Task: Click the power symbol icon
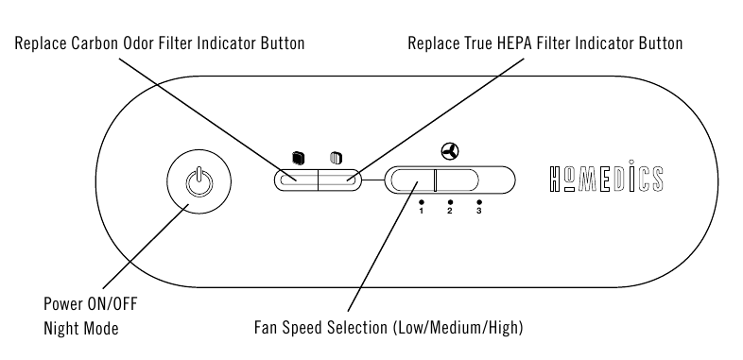pyautogui.click(x=199, y=181)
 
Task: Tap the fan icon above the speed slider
pyautogui.click(x=450, y=151)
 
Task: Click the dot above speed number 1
pyautogui.click(x=422, y=202)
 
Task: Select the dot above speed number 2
pyautogui.click(x=450, y=202)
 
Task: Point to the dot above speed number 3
pyautogui.click(x=479, y=202)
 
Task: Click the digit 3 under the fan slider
pyautogui.click(x=479, y=211)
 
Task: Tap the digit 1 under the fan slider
pyautogui.click(x=422, y=211)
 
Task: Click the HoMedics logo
pyautogui.click(x=607, y=177)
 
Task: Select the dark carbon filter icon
pyautogui.click(x=298, y=158)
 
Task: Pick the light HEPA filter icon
pyautogui.click(x=337, y=158)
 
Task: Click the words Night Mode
pyautogui.click(x=81, y=328)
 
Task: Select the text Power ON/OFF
pyautogui.click(x=91, y=303)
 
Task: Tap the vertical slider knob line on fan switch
pyautogui.click(x=435, y=180)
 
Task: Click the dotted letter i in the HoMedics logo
pyautogui.click(x=631, y=176)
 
